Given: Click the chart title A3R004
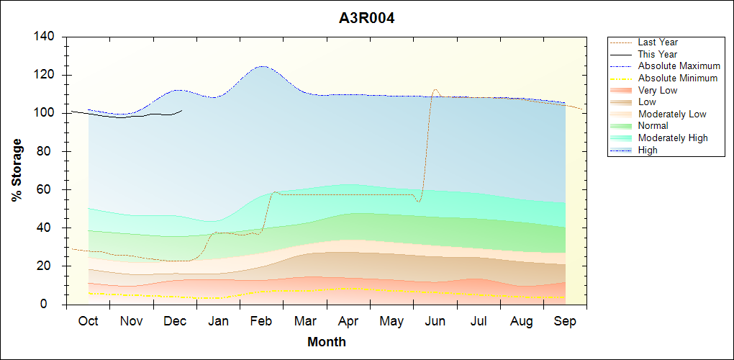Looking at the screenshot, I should (x=366, y=18).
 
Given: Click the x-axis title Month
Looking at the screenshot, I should (x=326, y=342).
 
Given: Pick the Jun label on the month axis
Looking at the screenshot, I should (x=435, y=321).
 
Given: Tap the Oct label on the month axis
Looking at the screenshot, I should (x=88, y=321).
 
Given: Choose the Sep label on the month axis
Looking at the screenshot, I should (x=565, y=321).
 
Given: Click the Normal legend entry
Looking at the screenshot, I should (x=653, y=126).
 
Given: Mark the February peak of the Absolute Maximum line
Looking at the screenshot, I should (x=260, y=66).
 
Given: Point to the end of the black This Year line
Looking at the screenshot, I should (x=182, y=110).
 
